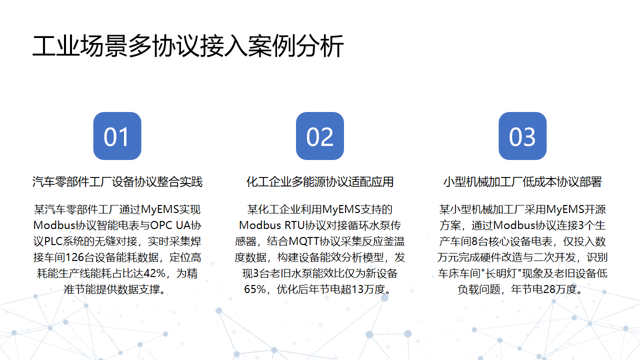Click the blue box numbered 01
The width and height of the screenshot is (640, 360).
[x=117, y=138]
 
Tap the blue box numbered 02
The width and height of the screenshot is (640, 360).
[x=320, y=138]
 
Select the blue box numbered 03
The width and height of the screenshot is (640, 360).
[x=522, y=138]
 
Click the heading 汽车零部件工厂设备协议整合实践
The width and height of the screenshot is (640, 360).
[x=117, y=183]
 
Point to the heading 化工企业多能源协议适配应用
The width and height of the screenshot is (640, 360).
[x=320, y=183]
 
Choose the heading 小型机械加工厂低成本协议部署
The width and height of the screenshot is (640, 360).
[x=522, y=183]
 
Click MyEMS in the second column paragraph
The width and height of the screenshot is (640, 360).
[x=340, y=210]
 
